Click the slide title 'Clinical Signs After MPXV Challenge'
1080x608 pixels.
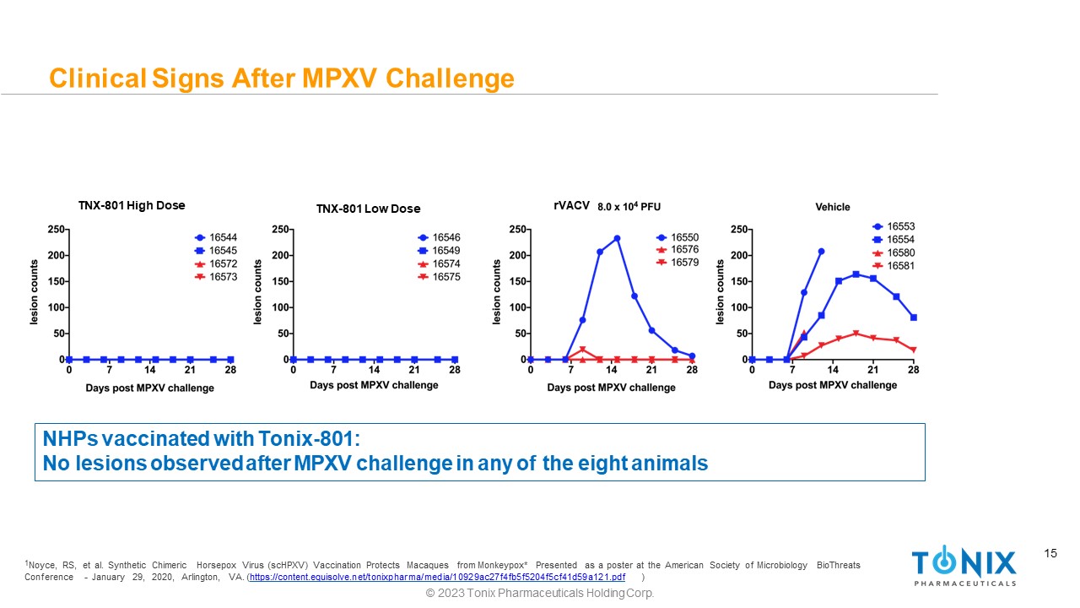281,79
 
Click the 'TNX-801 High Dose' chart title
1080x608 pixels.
131,205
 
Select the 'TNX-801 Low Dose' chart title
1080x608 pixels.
368,209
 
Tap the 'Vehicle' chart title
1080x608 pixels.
833,207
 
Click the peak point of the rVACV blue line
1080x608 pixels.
617,238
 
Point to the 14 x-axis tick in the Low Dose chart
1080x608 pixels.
374,369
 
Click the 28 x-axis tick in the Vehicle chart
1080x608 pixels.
913,369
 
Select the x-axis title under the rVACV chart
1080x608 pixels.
611,388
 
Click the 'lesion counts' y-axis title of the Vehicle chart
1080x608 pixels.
721,292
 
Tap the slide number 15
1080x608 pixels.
1050,554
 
